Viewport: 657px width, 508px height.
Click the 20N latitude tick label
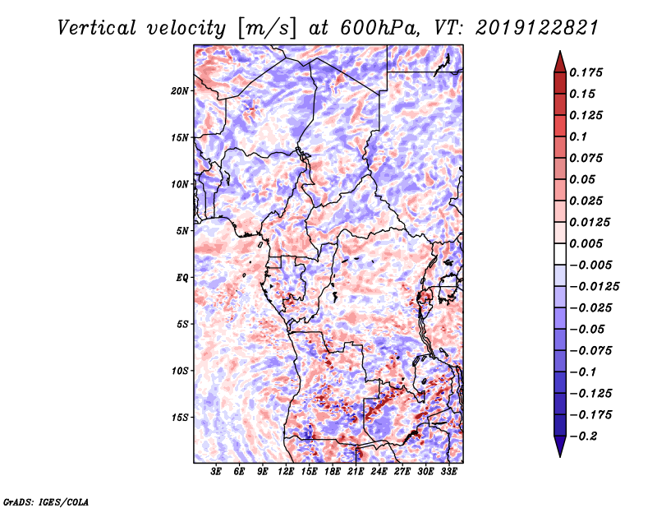[x=180, y=91]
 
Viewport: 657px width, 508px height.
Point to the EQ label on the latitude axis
[x=182, y=278]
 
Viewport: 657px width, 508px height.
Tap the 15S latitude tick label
[x=180, y=418]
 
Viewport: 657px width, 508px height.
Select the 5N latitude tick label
[x=182, y=231]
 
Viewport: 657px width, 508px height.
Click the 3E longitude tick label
[x=216, y=472]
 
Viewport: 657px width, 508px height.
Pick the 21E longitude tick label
[x=356, y=472]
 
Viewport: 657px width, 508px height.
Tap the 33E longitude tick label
[x=448, y=472]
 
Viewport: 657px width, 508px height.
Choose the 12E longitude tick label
[x=286, y=472]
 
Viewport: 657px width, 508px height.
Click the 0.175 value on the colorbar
[x=586, y=72]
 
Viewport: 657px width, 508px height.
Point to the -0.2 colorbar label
[x=583, y=436]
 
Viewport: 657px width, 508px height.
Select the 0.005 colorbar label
[x=586, y=243]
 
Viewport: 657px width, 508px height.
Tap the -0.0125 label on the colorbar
[x=594, y=287]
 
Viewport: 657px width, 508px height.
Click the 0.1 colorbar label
[x=578, y=136]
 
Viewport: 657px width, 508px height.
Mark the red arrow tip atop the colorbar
[x=560, y=51]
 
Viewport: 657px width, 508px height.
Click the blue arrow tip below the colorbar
[x=560, y=456]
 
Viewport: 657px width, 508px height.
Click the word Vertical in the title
[x=97, y=28]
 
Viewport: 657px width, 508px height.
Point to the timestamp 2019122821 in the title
[x=537, y=28]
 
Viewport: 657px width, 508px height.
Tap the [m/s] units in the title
[x=268, y=29]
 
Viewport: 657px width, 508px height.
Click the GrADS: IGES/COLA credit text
[x=46, y=501]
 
